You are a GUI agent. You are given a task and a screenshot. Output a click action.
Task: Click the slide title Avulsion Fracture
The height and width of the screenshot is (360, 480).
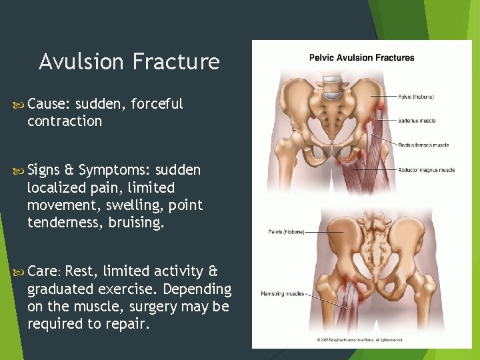tap(129, 62)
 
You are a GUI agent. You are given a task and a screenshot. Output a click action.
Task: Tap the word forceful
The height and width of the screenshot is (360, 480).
tap(157, 104)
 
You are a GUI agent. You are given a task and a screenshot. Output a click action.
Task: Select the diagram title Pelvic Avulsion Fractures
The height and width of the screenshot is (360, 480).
tap(361, 57)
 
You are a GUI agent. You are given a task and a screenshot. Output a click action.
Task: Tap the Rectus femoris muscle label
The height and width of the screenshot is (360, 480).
tap(424, 145)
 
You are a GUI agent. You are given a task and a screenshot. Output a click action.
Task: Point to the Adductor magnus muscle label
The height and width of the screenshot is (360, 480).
tap(427, 170)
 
